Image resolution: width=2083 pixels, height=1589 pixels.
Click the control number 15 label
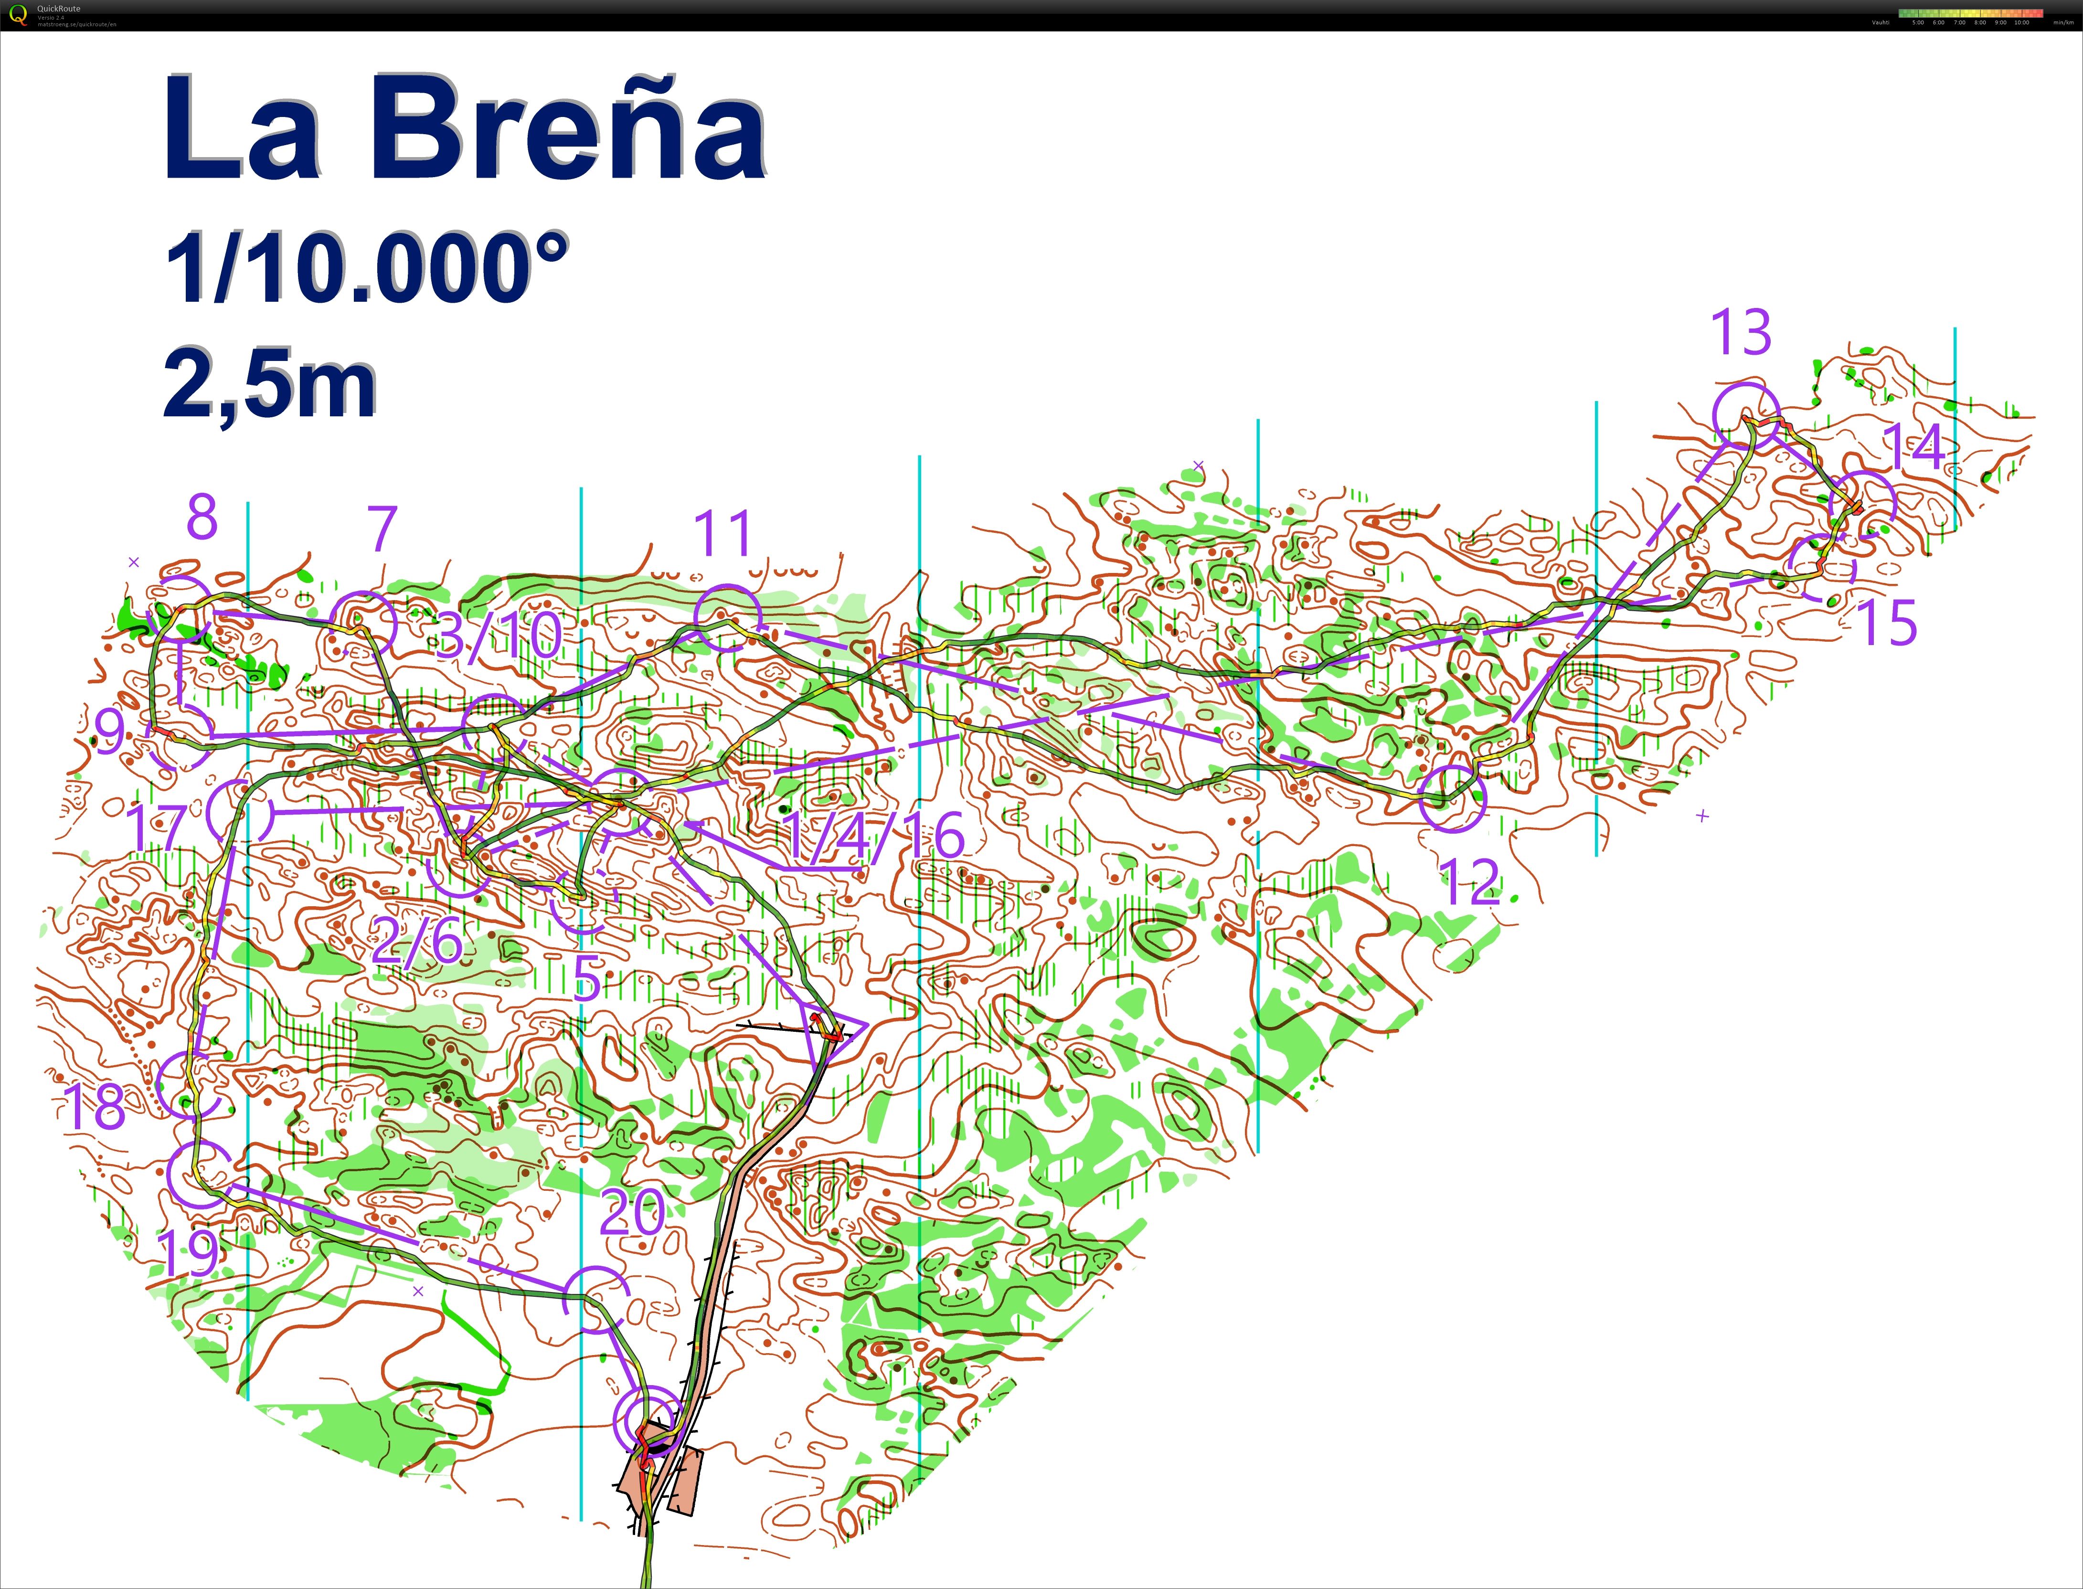click(1887, 622)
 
